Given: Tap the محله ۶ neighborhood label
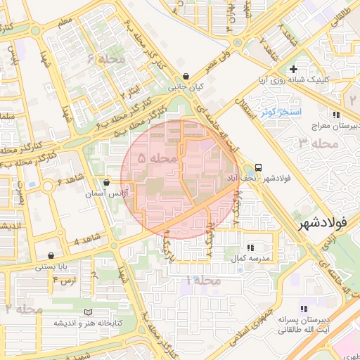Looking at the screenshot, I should (106, 60).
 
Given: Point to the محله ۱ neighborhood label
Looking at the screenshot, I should (203, 281).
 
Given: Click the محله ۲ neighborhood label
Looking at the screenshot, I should (24, 309).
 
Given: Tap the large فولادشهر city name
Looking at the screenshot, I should (323, 224).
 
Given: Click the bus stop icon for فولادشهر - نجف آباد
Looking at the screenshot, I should (259, 167).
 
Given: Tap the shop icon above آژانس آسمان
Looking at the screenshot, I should (106, 181).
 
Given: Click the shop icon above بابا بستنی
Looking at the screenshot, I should (51, 256).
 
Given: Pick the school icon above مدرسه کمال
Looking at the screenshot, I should (250, 247).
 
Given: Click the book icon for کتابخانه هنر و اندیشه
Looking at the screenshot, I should (88, 312).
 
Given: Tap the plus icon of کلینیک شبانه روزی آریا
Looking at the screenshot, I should (293, 69).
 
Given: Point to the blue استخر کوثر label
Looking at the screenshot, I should (280, 112).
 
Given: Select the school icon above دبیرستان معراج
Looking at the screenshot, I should (337, 114).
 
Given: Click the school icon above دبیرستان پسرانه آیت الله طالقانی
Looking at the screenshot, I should (304, 309).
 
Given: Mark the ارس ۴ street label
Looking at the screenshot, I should (64, 280).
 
